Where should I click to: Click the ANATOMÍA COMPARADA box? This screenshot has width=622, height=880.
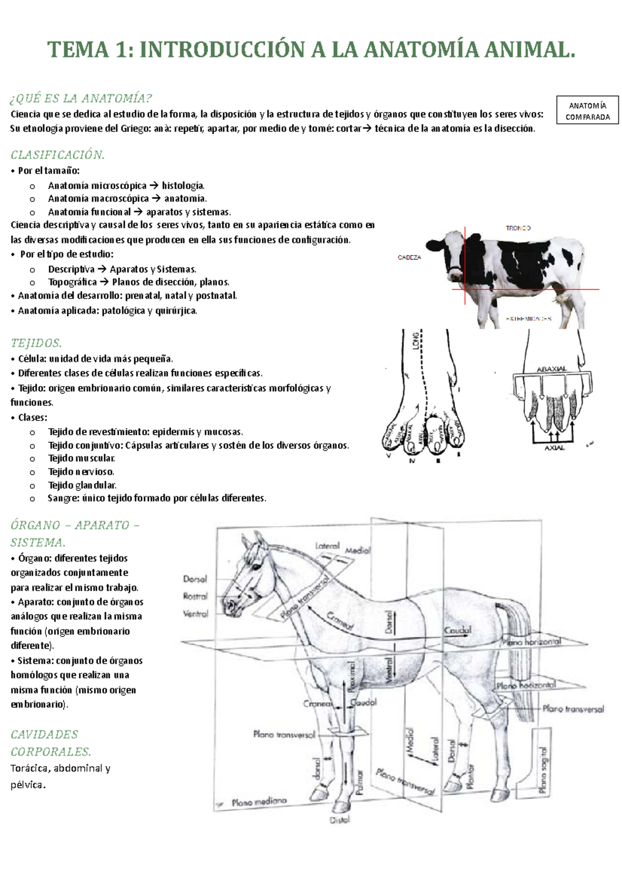tap(588, 110)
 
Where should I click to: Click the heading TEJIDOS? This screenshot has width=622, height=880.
tap(36, 343)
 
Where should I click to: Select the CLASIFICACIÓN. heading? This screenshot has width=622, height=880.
tap(58, 154)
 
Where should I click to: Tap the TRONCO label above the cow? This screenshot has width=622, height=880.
tap(518, 228)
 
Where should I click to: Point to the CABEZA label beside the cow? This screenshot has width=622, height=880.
tap(409, 258)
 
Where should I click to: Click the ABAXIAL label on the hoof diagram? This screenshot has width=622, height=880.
tap(552, 369)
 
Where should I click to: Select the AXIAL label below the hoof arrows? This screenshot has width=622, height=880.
tap(554, 447)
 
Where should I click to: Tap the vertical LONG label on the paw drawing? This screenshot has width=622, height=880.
tap(416, 341)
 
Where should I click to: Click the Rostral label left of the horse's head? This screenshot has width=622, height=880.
tap(195, 597)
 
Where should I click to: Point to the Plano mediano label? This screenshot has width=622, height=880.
tap(259, 802)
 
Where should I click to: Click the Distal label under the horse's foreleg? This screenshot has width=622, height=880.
tap(340, 820)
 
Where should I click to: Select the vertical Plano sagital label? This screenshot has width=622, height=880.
tap(543, 770)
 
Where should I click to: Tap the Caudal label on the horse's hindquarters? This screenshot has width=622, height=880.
tap(458, 631)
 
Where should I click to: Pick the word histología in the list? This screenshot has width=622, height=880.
tap(183, 186)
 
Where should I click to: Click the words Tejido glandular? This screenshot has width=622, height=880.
tap(82, 485)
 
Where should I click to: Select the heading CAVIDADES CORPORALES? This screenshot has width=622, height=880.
tap(50, 743)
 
